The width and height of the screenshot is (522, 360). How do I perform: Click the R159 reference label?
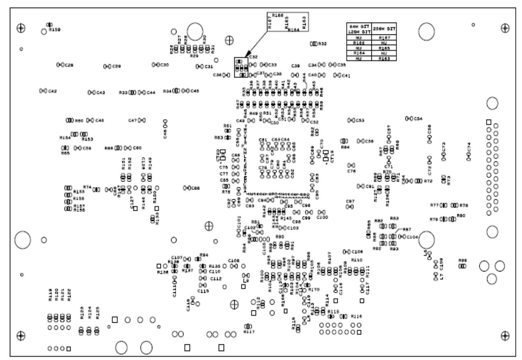click(x=55, y=30)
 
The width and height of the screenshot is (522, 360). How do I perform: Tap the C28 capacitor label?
click(x=69, y=65)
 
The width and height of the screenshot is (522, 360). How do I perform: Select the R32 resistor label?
click(x=323, y=43)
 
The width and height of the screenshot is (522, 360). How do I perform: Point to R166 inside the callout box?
click(x=278, y=16)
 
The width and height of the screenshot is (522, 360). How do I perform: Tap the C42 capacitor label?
click(x=53, y=91)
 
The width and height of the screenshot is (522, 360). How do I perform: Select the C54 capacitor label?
click(x=418, y=118)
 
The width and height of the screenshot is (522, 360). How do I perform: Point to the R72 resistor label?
click(x=428, y=181)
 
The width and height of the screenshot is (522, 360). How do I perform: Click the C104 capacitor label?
click(x=412, y=237)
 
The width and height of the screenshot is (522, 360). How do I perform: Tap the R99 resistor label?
click(x=462, y=260)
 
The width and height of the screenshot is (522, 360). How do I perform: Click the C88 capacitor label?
click(x=196, y=188)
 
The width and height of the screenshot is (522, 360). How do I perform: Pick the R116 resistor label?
click(x=357, y=316)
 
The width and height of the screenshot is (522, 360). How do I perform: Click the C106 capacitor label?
click(x=357, y=251)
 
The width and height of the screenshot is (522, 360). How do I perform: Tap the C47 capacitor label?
click(x=132, y=120)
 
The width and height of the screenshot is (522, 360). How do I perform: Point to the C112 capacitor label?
click(x=216, y=278)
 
